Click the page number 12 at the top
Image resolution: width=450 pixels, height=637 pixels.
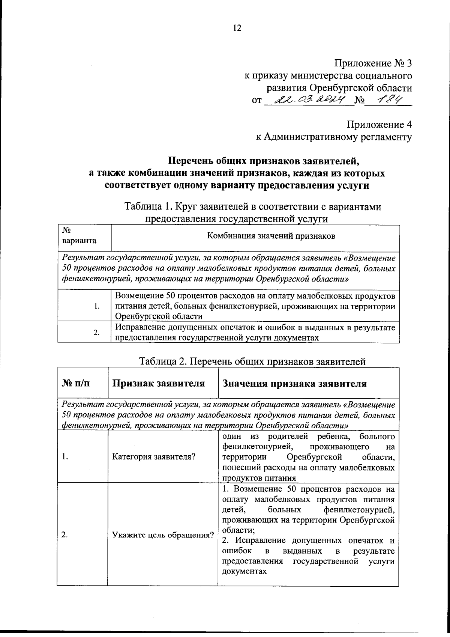(x=237, y=28)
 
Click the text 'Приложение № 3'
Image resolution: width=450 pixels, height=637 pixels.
(x=373, y=63)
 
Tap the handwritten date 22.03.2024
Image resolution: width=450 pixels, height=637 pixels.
(x=310, y=100)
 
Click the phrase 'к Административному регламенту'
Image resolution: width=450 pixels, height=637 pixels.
(x=334, y=137)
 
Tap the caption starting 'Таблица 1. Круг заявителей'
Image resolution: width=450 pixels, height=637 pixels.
(x=253, y=207)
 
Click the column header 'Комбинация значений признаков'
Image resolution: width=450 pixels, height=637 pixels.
(x=271, y=236)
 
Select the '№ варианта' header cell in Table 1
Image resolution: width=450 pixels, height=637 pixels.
(x=79, y=236)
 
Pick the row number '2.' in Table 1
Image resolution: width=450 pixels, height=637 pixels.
(x=97, y=333)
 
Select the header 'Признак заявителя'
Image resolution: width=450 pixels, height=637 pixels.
(x=159, y=384)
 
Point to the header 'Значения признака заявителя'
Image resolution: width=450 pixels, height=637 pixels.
(x=294, y=384)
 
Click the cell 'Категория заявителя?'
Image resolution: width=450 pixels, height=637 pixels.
(x=154, y=457)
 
